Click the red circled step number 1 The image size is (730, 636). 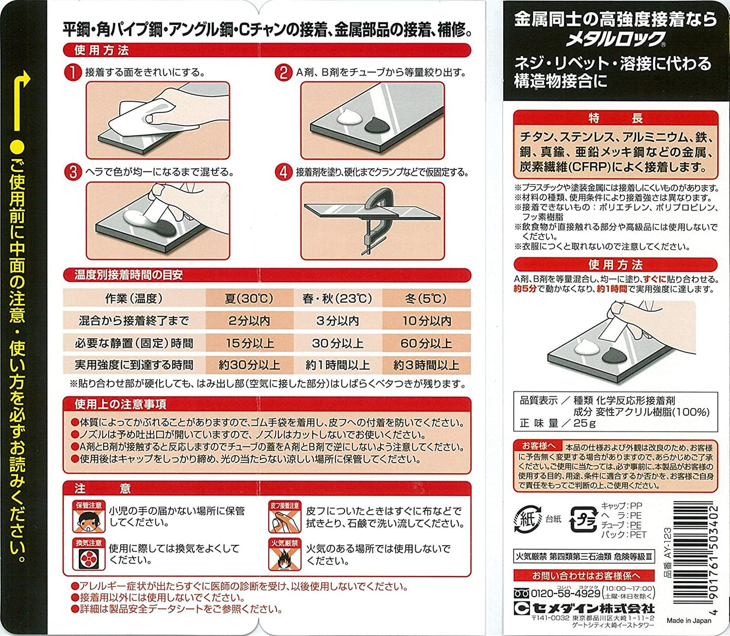72,72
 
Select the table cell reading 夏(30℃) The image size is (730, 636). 249,298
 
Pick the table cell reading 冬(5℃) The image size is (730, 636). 426,298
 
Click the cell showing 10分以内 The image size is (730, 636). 426,321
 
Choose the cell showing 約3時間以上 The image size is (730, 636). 426,365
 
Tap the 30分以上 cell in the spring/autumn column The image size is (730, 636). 337,343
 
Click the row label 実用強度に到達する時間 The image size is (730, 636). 134,365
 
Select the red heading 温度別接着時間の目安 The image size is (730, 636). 128,275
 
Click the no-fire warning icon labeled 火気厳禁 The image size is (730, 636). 284,555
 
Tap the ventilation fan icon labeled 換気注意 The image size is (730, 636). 89,555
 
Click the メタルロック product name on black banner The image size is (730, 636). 615,39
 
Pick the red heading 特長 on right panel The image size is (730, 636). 615,118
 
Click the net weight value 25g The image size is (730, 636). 585,423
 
